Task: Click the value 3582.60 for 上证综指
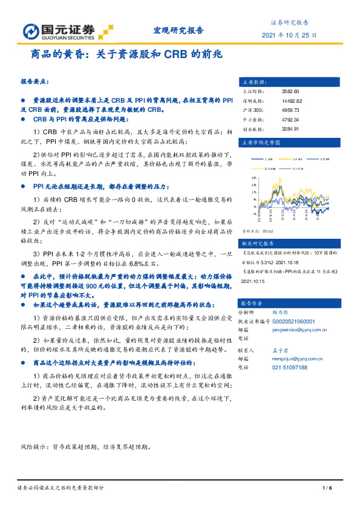click(x=291, y=91)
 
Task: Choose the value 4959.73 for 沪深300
click(x=290, y=110)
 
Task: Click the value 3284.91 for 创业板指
click(x=290, y=129)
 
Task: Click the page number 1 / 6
click(x=327, y=488)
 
